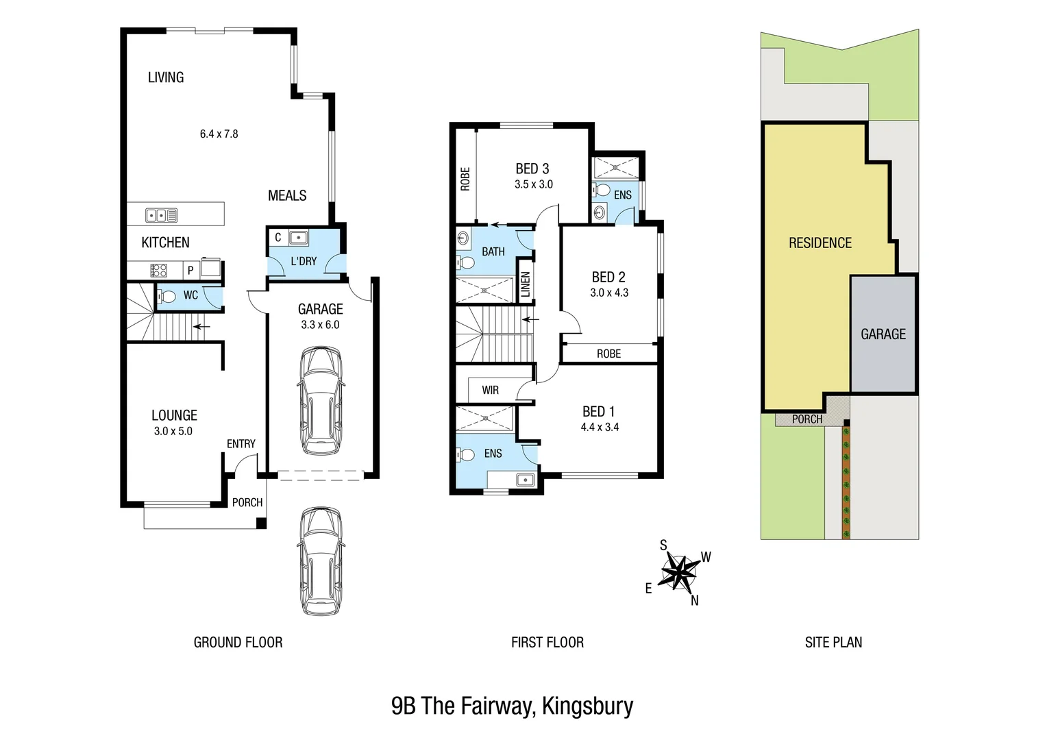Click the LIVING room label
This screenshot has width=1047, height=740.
pos(166,77)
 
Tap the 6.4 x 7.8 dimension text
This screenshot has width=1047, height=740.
pos(219,134)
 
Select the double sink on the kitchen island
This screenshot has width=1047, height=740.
pos(161,215)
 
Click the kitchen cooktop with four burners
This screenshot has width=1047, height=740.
pos(158,270)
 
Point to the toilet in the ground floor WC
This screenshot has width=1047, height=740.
pos(167,296)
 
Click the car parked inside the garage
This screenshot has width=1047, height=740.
pos(321,401)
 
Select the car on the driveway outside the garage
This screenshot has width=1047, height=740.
pos(321,561)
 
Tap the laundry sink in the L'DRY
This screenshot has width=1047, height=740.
pos(298,238)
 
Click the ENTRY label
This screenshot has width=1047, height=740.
pos(241,444)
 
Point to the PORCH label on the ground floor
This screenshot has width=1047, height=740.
pos(247,502)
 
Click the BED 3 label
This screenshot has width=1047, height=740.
pos(532,169)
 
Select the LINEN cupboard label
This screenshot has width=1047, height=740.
pos(526,284)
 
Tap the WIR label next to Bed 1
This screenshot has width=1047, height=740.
pos(490,391)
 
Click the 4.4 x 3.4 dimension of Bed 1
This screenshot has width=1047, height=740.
pos(600,427)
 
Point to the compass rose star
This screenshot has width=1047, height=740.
pos(678,571)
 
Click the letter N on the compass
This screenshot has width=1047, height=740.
pos(694,600)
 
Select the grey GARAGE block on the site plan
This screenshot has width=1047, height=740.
pos(883,334)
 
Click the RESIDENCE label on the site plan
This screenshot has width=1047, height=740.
pos(820,243)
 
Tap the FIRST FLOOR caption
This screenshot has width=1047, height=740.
pos(547,642)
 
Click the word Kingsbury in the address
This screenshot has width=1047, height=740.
pos(587,706)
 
